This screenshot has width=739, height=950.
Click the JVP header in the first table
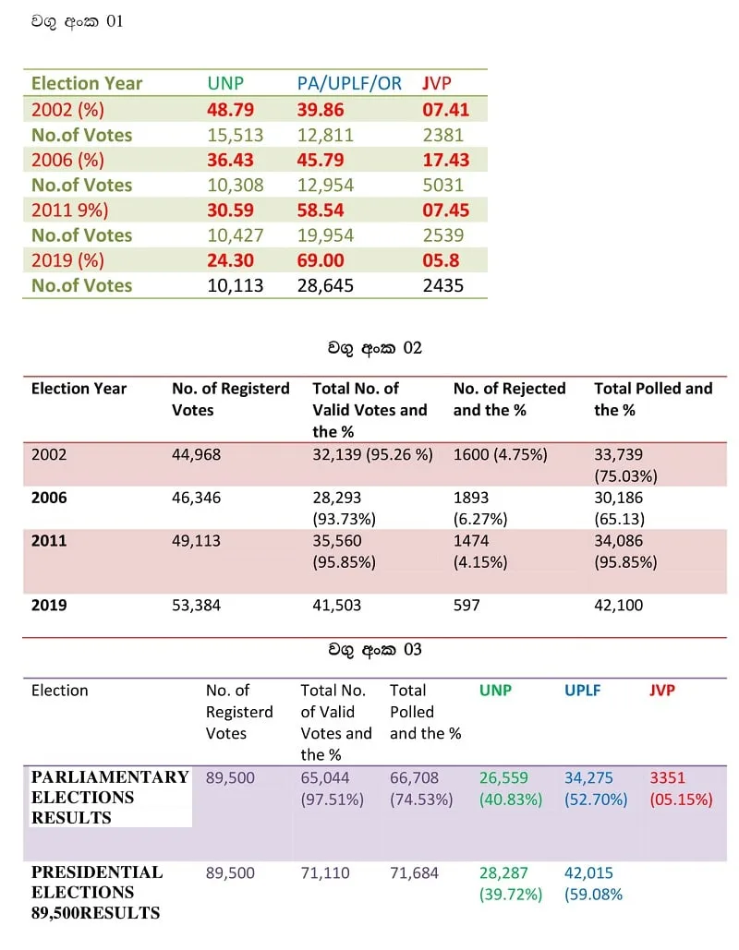point(437,83)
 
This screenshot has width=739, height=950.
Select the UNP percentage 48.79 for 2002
point(230,110)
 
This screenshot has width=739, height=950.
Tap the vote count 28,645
point(325,285)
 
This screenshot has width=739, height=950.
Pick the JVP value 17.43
point(445,160)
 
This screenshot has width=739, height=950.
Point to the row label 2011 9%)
point(69,210)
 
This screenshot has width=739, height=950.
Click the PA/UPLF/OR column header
point(349,83)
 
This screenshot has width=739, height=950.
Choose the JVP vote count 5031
point(442,185)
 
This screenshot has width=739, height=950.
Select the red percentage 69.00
point(321,260)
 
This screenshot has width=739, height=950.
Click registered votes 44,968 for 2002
point(196,454)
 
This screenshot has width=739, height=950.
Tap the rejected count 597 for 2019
point(466,605)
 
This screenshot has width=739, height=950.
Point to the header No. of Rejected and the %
point(509,399)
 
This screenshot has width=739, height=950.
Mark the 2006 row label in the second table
point(49,498)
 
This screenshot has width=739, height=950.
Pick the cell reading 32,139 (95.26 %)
point(372,454)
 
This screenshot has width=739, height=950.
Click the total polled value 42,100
point(618,605)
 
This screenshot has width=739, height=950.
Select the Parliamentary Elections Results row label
point(110,797)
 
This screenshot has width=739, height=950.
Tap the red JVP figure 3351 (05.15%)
point(681,788)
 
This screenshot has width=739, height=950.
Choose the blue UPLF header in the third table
point(582,690)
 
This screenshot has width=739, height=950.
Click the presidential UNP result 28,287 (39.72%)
point(511,884)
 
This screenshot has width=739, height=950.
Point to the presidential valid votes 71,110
point(325,873)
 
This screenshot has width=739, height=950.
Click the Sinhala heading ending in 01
point(78,22)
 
